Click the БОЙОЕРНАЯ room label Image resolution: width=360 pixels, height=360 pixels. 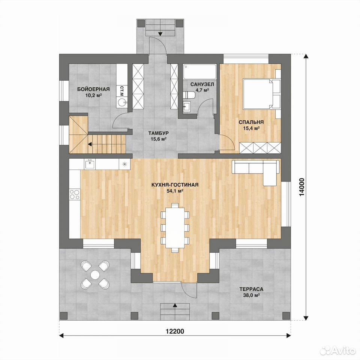click(x=93, y=89)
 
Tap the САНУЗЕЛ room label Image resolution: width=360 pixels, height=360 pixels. click(x=202, y=84)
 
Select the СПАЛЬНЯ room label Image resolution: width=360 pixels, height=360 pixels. click(x=251, y=122)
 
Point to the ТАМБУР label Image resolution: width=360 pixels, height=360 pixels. click(x=158, y=133)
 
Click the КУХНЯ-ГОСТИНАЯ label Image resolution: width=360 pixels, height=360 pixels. click(x=175, y=185)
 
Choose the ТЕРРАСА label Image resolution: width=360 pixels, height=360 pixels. click(x=251, y=289)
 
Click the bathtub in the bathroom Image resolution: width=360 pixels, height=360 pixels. click(x=200, y=71)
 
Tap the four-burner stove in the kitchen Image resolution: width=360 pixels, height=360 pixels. click(x=75, y=194)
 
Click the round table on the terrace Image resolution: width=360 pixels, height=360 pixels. click(x=94, y=274)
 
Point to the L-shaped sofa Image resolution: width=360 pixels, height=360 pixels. click(x=256, y=172)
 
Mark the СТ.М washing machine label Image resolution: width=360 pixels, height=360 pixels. click(x=122, y=91)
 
